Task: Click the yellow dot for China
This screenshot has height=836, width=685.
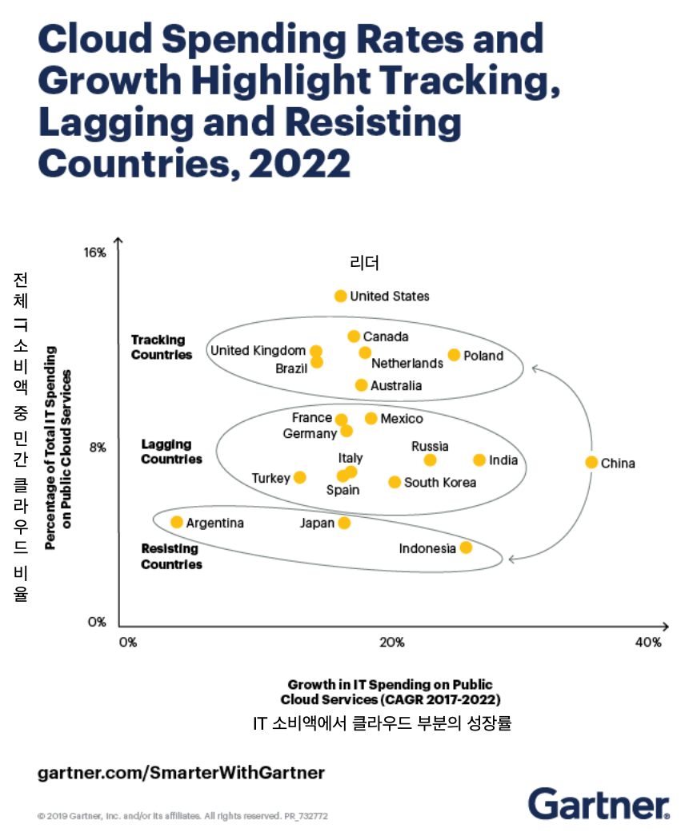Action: click(x=591, y=462)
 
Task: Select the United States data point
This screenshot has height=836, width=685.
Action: click(x=341, y=296)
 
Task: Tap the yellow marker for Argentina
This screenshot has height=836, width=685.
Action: click(x=177, y=522)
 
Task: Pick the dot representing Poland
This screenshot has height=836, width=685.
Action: click(x=454, y=355)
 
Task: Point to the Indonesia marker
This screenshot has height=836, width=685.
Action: click(x=466, y=547)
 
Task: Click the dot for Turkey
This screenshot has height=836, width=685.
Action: click(x=300, y=477)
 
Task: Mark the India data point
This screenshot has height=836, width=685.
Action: click(x=479, y=460)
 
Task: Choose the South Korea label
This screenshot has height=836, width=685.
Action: click(x=439, y=482)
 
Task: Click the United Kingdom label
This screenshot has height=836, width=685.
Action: click(x=258, y=350)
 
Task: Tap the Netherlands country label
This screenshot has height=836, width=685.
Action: click(x=407, y=363)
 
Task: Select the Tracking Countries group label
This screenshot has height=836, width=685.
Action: click(x=162, y=347)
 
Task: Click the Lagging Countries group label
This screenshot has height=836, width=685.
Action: click(x=171, y=452)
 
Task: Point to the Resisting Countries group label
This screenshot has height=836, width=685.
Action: click(x=171, y=556)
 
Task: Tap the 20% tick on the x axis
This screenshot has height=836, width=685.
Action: click(x=391, y=642)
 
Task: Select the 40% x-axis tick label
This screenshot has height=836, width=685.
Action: click(x=647, y=642)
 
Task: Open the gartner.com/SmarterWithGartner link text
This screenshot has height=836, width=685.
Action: click(x=181, y=773)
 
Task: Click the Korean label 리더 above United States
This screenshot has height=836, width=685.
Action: click(x=364, y=262)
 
